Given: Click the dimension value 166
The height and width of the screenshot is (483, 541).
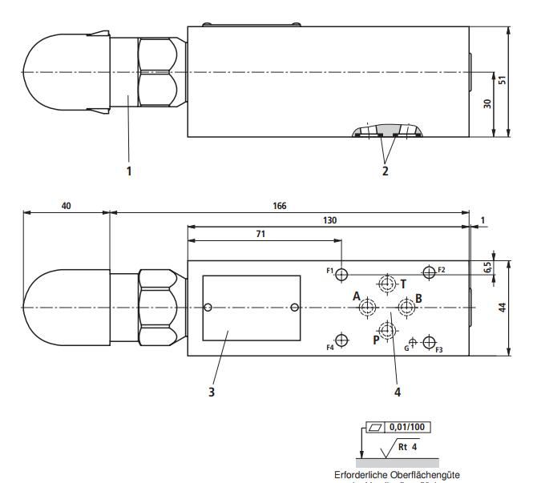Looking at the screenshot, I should click(278, 206).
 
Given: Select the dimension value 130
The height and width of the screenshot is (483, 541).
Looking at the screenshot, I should click(329, 220).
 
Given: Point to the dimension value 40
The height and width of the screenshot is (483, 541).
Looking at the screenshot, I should click(65, 206).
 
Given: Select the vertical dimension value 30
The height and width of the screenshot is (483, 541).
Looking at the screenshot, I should click(488, 104).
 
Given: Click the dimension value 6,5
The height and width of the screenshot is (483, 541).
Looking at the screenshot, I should click(488, 268).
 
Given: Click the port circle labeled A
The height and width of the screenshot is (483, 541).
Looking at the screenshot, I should click(369, 308).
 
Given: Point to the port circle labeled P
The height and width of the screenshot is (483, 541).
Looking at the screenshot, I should click(387, 330).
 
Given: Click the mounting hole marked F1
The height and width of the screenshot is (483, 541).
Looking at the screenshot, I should click(342, 274).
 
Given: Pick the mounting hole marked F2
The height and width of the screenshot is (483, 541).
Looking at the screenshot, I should click(430, 272).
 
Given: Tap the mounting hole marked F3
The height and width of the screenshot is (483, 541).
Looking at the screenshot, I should click(429, 344).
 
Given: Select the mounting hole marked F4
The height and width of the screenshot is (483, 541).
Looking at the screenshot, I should click(342, 341).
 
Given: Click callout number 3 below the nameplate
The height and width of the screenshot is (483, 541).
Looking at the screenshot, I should click(212, 392).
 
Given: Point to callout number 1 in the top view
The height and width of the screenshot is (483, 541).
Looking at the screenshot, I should click(128, 170).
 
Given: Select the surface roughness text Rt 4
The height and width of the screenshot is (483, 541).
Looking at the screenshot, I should click(410, 446).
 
